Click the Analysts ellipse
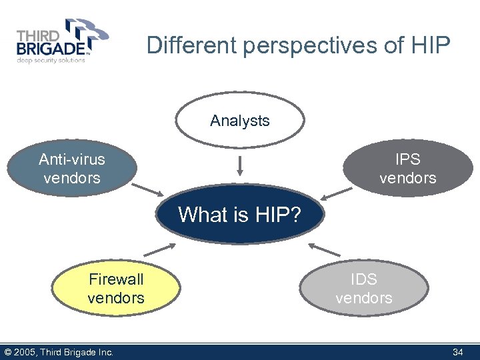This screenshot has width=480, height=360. click(x=240, y=120)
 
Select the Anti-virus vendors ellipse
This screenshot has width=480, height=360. click(x=71, y=169)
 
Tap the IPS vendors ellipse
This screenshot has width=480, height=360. click(x=407, y=169)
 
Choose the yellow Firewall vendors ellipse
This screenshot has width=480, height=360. click(x=116, y=288)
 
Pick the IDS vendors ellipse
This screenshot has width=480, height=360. click(x=364, y=288)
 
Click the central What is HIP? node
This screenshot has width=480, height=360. click(x=239, y=215)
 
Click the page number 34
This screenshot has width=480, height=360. click(x=457, y=352)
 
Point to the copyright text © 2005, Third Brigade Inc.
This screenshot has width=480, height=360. click(x=59, y=352)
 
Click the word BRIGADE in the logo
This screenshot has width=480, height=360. click(x=50, y=49)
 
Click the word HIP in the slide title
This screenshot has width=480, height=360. click(x=431, y=45)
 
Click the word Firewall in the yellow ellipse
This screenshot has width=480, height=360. click(x=116, y=279)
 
